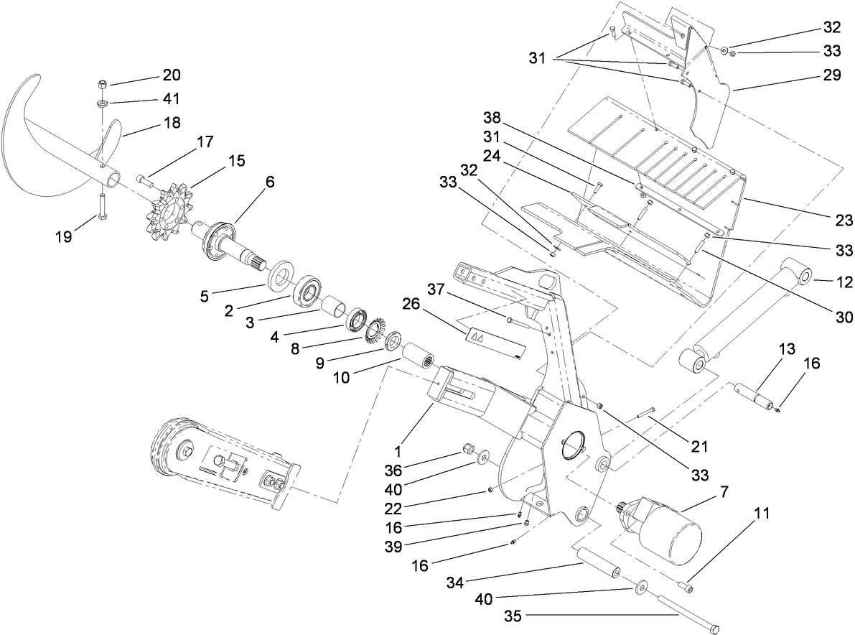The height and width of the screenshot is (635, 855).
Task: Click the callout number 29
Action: (x=832, y=75)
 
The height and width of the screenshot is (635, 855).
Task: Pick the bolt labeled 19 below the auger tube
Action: (x=102, y=207)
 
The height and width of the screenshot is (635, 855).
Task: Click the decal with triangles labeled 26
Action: (x=495, y=343)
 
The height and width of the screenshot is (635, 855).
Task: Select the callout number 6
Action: (x=269, y=183)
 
